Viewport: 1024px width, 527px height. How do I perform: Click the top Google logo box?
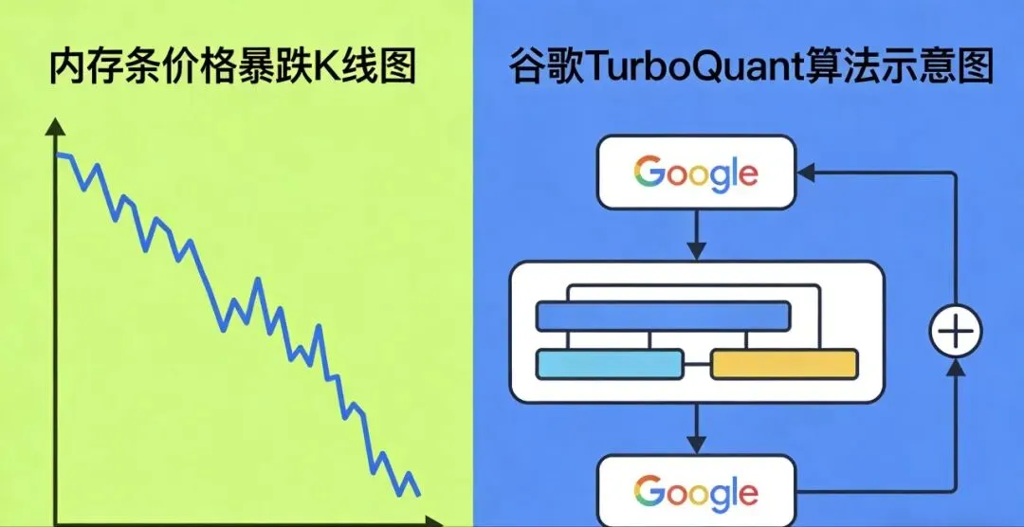click(696, 173)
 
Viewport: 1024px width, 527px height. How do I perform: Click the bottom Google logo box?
click(696, 492)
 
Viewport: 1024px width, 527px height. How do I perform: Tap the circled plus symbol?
click(954, 333)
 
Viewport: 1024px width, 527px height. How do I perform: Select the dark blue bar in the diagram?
click(663, 316)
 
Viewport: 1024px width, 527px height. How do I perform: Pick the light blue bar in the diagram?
click(609, 364)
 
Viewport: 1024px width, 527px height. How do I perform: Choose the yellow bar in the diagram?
click(784, 364)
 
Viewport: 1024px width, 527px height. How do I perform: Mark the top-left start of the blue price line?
click(58, 154)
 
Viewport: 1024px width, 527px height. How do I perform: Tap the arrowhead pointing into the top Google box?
click(806, 173)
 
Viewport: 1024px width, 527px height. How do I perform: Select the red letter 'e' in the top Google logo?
click(747, 175)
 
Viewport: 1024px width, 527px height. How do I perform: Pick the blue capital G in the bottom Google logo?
click(649, 492)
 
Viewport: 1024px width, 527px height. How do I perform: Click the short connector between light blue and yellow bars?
click(696, 364)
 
